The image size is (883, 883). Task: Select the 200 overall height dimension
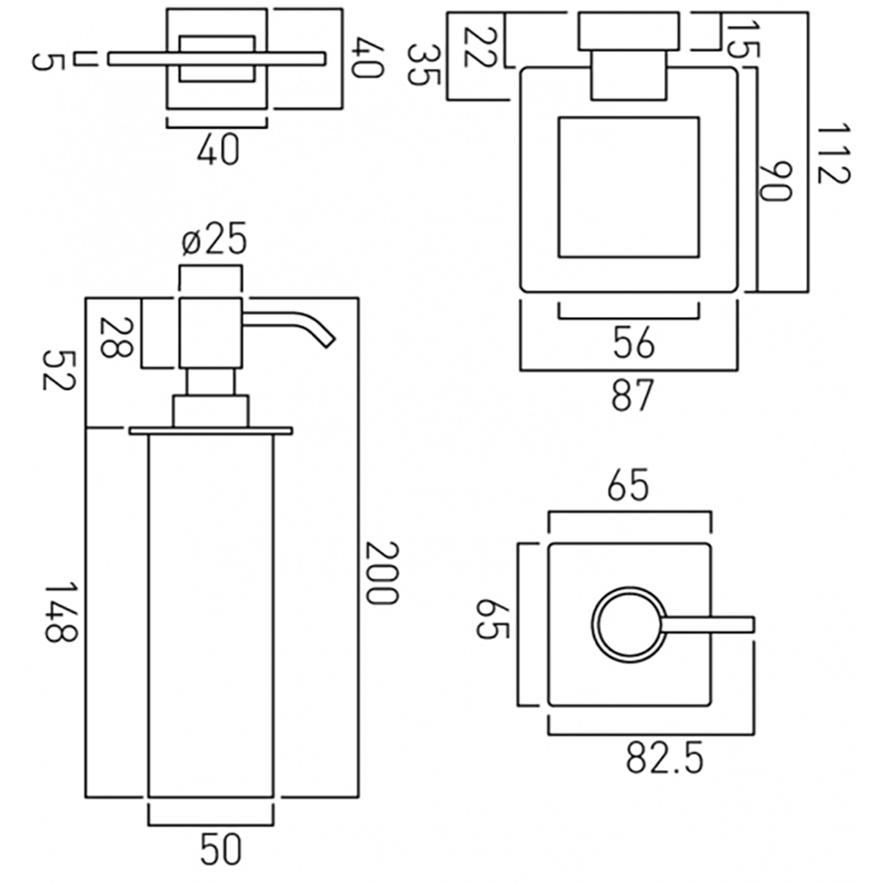(382, 573)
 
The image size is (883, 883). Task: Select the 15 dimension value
(743, 38)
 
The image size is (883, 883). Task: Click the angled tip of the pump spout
(328, 339)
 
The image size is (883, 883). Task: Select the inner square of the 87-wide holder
(629, 187)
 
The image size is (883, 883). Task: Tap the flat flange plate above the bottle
(210, 431)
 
